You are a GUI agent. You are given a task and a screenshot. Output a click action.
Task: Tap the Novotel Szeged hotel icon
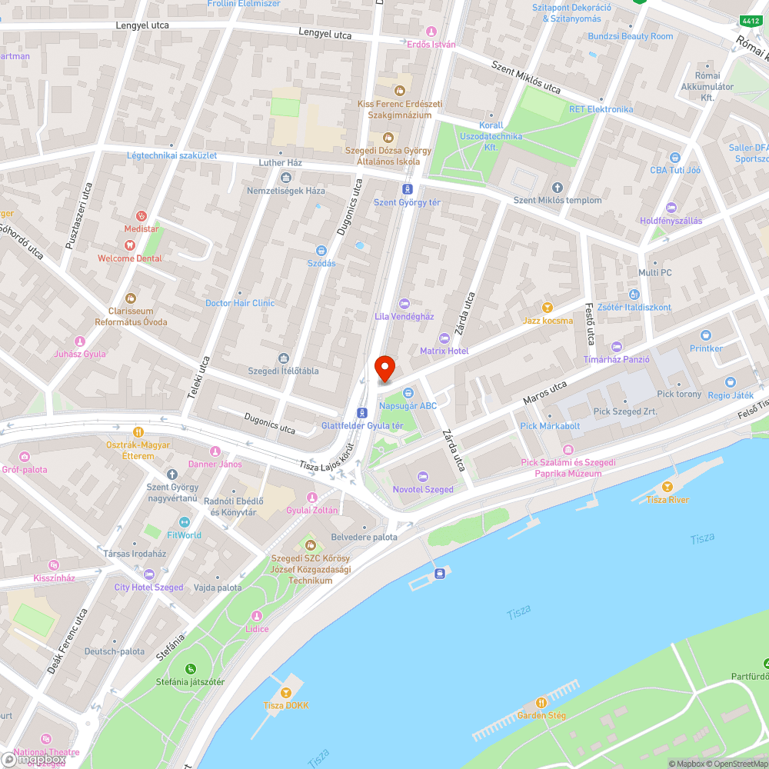[423, 477]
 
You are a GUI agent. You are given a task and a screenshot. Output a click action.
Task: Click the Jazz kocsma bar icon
[548, 308]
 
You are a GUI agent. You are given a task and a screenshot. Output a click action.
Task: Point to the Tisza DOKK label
[286, 706]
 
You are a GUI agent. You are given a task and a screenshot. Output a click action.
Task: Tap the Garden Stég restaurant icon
[541, 702]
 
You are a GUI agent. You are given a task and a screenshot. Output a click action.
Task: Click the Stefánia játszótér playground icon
[191, 667]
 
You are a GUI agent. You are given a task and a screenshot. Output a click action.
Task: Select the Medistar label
[141, 229]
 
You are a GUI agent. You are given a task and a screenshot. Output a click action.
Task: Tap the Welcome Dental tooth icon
[129, 245]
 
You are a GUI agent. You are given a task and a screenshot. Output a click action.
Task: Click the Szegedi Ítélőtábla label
[283, 371]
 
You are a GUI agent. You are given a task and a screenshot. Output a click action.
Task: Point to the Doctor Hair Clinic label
[240, 303]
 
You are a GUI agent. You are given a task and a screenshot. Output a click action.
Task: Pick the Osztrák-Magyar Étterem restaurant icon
[138, 432]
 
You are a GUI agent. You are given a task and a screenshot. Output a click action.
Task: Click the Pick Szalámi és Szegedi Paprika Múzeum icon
[568, 450]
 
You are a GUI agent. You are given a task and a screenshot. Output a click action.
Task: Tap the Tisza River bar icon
[667, 486]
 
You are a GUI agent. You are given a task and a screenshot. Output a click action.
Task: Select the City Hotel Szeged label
[149, 588]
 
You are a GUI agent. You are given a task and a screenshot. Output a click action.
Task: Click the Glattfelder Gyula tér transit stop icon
[362, 412]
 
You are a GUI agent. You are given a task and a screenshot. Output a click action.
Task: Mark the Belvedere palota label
[364, 538]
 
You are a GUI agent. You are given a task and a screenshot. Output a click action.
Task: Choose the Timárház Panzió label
[617, 360]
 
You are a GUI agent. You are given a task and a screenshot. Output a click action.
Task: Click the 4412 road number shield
[750, 21]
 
